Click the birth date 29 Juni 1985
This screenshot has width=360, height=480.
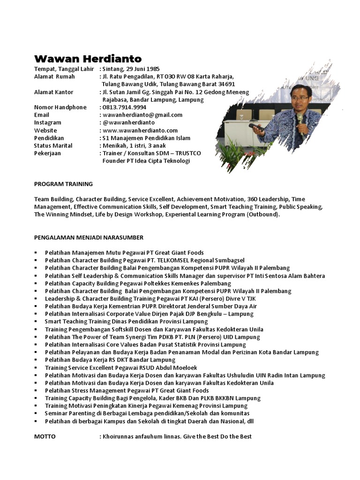[x=142, y=69]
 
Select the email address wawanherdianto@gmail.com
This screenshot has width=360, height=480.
[x=142, y=115]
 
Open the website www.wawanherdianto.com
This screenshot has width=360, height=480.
[x=140, y=130]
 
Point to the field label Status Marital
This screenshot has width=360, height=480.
[x=53, y=145]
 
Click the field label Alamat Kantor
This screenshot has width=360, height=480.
[x=53, y=92]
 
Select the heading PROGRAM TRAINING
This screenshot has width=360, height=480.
[x=63, y=184]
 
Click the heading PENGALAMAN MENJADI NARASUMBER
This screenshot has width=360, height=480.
[x=89, y=237]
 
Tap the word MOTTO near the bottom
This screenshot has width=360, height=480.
[x=45, y=436]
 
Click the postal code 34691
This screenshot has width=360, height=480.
[x=225, y=84]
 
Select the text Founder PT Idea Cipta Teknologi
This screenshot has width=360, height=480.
[x=146, y=161]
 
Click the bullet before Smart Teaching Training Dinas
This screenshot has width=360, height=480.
[x=36, y=322]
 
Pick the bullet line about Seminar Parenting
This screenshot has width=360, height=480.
[x=147, y=413]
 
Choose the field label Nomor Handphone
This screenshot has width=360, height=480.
[x=60, y=107]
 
